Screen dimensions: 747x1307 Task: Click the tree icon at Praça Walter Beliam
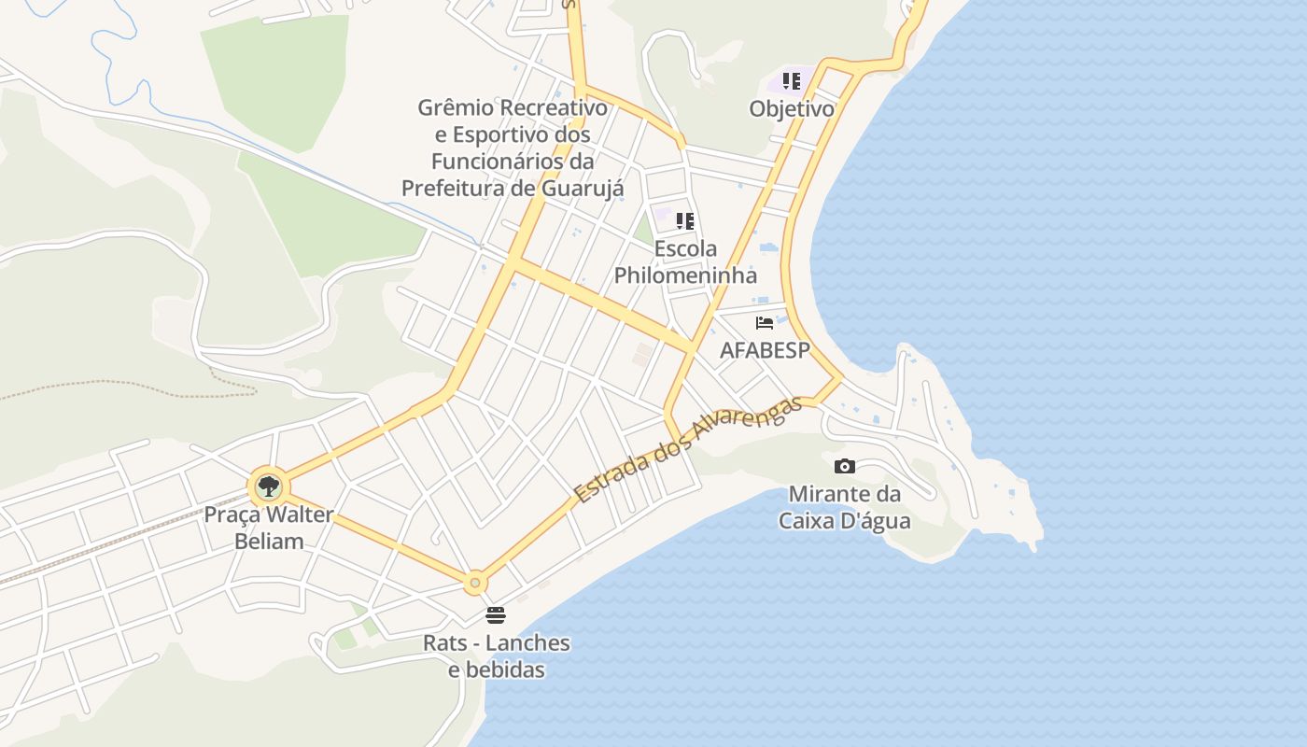pyautogui.click(x=269, y=486)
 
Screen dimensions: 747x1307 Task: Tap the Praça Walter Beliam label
pyautogui.click(x=269, y=528)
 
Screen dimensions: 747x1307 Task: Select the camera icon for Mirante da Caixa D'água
pyautogui.click(x=844, y=466)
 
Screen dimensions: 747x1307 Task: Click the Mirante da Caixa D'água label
pyautogui.click(x=844, y=507)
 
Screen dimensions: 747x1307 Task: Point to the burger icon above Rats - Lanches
pyautogui.click(x=496, y=615)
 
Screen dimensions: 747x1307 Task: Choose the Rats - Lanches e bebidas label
pyautogui.click(x=496, y=656)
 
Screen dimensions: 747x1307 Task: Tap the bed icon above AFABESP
pyautogui.click(x=765, y=323)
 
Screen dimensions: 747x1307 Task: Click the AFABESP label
pyautogui.click(x=765, y=350)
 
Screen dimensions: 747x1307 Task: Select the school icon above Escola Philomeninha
pyautogui.click(x=685, y=221)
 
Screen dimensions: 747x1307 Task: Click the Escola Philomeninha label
pyautogui.click(x=685, y=262)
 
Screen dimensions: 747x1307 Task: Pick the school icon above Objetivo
pyautogui.click(x=792, y=81)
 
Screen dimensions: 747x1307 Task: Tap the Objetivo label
pyautogui.click(x=792, y=109)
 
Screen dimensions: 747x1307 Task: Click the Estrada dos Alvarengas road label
pyautogui.click(x=688, y=450)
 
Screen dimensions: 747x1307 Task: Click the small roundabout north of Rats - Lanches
pyautogui.click(x=475, y=584)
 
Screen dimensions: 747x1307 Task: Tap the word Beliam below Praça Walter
pyautogui.click(x=269, y=542)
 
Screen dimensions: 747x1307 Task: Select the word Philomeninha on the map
pyautogui.click(x=685, y=276)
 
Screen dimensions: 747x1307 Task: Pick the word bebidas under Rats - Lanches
pyautogui.click(x=496, y=670)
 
